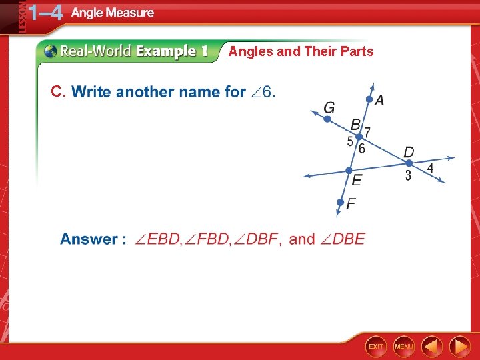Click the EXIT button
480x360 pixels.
376,346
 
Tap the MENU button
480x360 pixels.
404,346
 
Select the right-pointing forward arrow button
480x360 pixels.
459,346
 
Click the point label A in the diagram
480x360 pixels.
379,101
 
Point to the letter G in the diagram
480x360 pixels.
329,107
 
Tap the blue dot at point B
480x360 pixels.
359,137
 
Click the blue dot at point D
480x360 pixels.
409,163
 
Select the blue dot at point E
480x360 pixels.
348,171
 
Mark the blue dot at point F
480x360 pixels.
340,201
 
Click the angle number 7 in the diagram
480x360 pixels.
367,133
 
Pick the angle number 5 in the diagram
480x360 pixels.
349,142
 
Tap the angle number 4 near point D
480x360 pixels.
430,168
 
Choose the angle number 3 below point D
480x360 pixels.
408,176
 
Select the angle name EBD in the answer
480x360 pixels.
158,239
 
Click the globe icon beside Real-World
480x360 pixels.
50,51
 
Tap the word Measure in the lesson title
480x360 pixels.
130,13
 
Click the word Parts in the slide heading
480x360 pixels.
357,51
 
